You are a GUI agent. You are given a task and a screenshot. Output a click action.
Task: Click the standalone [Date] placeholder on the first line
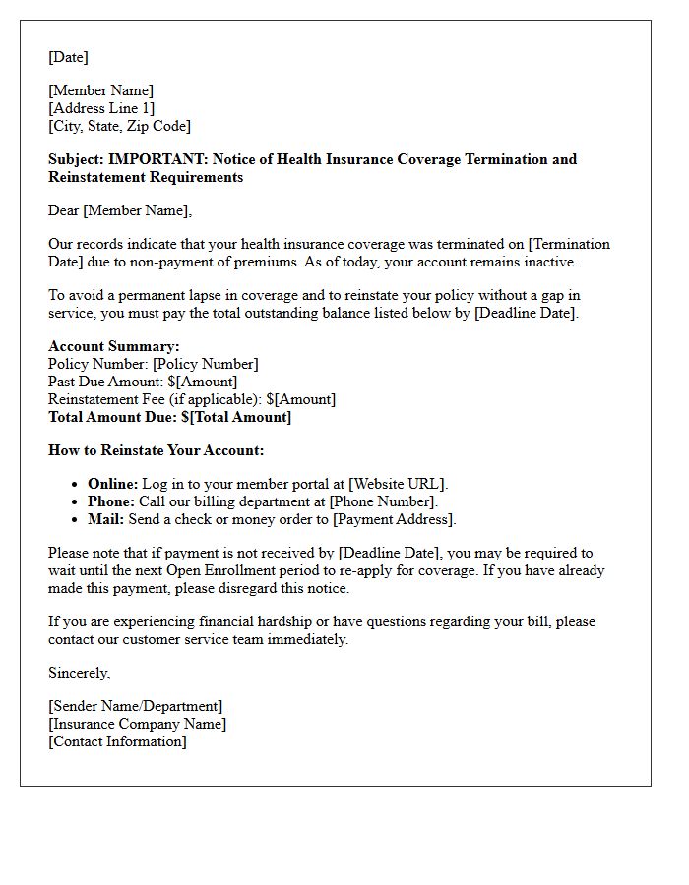click(x=68, y=57)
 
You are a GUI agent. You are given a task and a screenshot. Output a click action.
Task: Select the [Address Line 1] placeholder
click(x=101, y=108)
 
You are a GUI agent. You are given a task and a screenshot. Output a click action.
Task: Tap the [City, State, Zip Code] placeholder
click(x=119, y=126)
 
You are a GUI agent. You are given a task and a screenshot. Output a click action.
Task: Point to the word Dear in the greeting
click(x=64, y=210)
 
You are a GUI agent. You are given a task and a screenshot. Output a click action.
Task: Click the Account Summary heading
click(x=114, y=346)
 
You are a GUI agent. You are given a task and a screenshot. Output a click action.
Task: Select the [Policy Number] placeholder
click(x=205, y=364)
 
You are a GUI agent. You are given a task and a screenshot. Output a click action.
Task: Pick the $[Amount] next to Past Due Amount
click(x=203, y=382)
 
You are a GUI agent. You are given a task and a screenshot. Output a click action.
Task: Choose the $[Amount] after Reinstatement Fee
click(x=300, y=399)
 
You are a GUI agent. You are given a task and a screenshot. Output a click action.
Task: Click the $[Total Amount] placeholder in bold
click(x=236, y=417)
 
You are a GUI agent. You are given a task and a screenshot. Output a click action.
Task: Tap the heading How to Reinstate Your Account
click(x=157, y=450)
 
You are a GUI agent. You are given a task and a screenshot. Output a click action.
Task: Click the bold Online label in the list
click(x=112, y=484)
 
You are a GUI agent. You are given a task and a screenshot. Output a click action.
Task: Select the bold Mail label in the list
click(x=105, y=519)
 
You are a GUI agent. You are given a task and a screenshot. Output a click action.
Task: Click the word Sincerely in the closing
click(x=79, y=673)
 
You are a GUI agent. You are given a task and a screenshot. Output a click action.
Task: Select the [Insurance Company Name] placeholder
click(x=137, y=724)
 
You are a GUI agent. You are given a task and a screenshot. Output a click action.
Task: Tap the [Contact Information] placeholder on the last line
click(x=117, y=741)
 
